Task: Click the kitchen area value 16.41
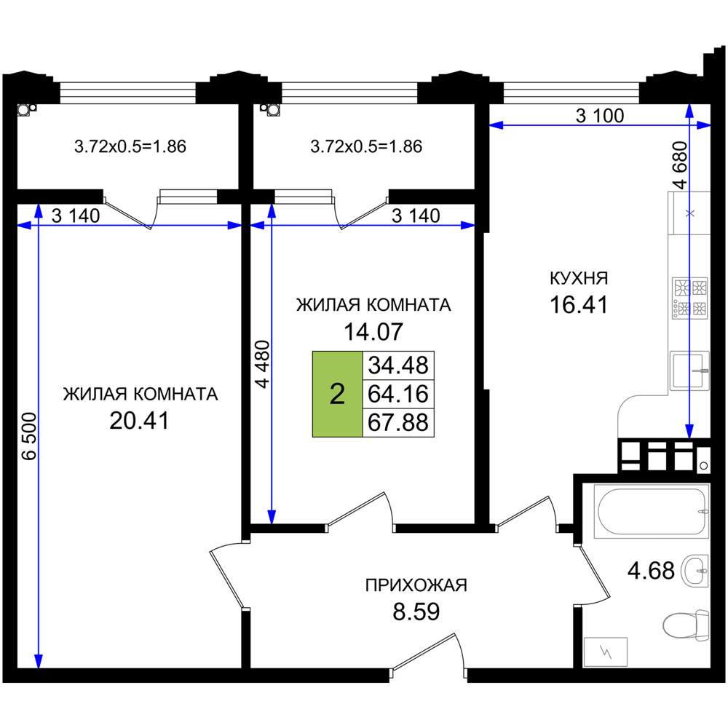click(579, 305)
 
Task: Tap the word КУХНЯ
click(579, 278)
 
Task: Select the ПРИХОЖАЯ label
click(416, 585)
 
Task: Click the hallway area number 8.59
click(416, 612)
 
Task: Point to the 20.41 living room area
click(139, 421)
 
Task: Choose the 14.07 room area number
click(373, 331)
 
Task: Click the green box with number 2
click(337, 394)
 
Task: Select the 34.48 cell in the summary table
click(398, 365)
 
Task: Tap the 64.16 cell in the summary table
click(398, 394)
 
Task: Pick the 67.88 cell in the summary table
click(398, 422)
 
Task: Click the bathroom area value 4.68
click(651, 570)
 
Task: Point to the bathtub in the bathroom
click(652, 512)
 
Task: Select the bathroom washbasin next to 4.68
click(695, 570)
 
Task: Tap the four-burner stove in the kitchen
click(690, 298)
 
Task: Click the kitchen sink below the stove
click(690, 371)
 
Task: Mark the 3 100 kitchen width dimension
click(600, 115)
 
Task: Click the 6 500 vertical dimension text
click(29, 436)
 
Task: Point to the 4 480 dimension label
click(262, 364)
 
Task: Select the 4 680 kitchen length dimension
click(679, 165)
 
